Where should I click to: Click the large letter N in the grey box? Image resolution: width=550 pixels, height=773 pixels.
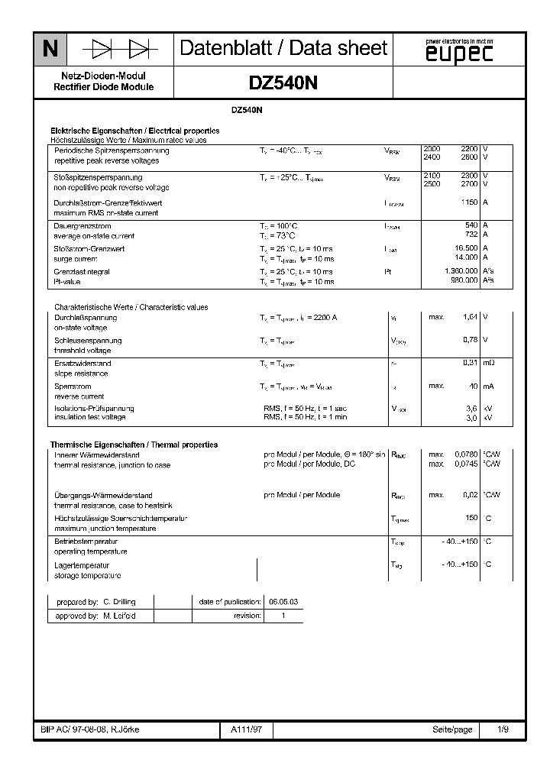[50, 49]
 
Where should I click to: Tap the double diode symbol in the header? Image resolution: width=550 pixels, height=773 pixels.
[120, 50]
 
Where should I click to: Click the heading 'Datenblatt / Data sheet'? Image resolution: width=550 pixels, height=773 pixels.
[283, 48]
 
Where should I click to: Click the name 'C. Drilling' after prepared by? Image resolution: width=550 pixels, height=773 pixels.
[119, 602]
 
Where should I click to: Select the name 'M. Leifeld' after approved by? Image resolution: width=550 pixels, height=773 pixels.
[119, 616]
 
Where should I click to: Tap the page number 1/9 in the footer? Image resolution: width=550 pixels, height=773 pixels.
[503, 729]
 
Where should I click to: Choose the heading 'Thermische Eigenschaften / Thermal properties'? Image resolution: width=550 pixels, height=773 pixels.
[134, 445]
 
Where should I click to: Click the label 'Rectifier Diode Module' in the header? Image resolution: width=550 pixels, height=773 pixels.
[103, 87]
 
